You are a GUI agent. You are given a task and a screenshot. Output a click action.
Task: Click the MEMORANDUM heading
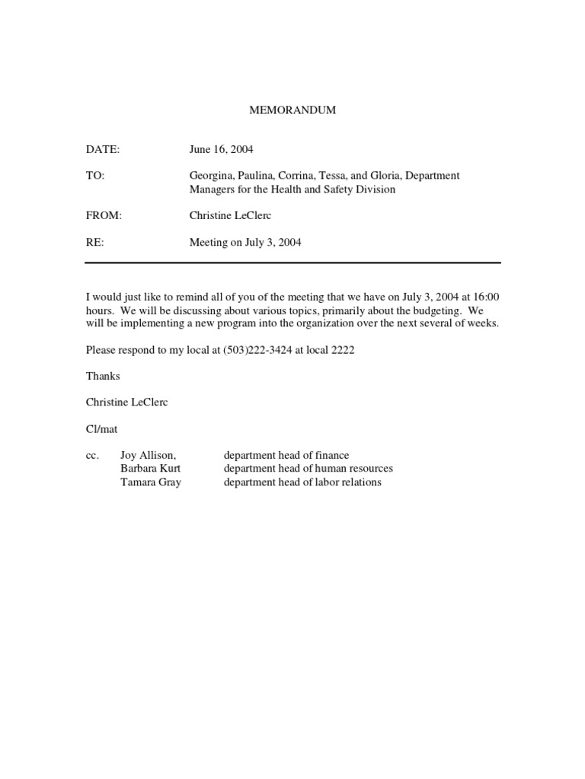pos(293,110)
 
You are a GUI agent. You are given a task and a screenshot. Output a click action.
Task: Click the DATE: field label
pos(103,150)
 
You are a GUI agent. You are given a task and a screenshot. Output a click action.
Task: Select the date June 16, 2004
pos(222,150)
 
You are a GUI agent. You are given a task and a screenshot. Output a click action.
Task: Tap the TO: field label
pos(95,176)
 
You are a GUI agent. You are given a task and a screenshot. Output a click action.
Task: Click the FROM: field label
pos(104,216)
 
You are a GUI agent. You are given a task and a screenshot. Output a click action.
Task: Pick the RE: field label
pos(94,243)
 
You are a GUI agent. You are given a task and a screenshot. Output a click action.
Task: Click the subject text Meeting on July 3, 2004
pos(245,243)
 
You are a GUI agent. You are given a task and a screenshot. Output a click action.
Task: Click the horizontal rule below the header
pos(292,263)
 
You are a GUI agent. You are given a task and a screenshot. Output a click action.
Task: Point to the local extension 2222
pos(341,350)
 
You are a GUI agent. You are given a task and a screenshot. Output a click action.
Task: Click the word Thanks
pos(103,376)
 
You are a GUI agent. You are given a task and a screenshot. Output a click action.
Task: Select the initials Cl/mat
pos(101,429)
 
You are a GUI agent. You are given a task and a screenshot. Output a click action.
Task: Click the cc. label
pos(92,456)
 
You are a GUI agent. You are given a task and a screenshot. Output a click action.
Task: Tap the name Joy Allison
pos(148,456)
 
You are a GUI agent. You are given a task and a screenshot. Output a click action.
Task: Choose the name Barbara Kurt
pos(151,469)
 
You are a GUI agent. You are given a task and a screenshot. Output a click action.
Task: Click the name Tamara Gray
pos(151,482)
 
